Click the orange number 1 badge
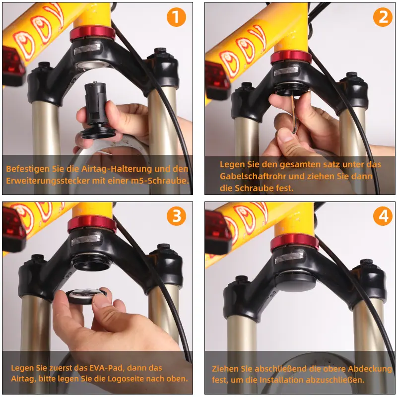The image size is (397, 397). click(x=176, y=17)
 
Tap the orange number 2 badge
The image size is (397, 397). click(x=383, y=17)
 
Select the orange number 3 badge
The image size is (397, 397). click(x=176, y=216)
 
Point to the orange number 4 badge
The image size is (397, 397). click(x=383, y=216)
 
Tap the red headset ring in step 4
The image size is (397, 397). click(x=294, y=242)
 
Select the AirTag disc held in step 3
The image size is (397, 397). click(x=86, y=296)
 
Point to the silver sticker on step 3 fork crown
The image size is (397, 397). click(x=86, y=240)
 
